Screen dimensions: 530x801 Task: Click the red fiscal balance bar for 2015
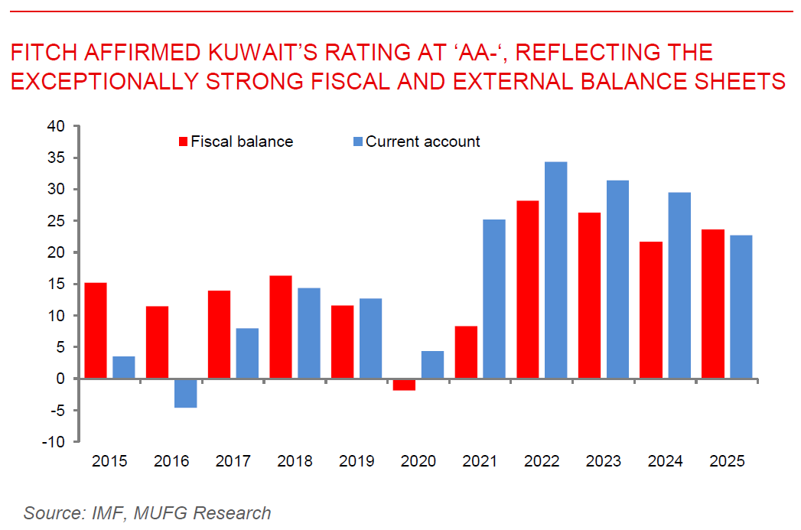(96, 330)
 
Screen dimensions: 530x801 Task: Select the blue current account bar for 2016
(185, 393)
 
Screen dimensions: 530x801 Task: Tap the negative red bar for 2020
(404, 385)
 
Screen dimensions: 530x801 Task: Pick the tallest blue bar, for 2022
(555, 270)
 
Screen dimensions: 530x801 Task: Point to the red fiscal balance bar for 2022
(528, 290)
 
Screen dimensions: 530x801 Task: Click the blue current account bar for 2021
(494, 299)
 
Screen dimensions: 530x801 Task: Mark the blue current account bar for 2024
(679, 285)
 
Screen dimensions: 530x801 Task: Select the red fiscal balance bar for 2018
(281, 327)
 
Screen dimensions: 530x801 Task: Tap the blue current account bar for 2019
(370, 338)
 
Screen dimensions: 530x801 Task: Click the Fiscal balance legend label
(242, 141)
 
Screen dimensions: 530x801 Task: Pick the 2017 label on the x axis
(233, 462)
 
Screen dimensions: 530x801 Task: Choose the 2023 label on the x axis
(604, 462)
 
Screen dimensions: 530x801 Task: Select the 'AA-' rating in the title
(460, 53)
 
